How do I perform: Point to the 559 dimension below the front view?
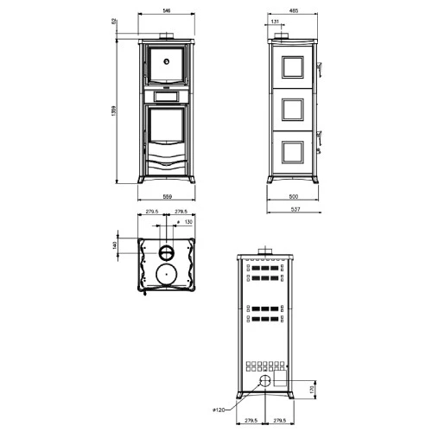167,197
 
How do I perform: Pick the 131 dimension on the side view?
274,22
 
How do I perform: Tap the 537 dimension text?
294,208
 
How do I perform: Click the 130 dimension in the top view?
188,222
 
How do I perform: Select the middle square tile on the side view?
294,108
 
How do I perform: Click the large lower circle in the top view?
166,276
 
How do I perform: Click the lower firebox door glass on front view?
167,130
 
